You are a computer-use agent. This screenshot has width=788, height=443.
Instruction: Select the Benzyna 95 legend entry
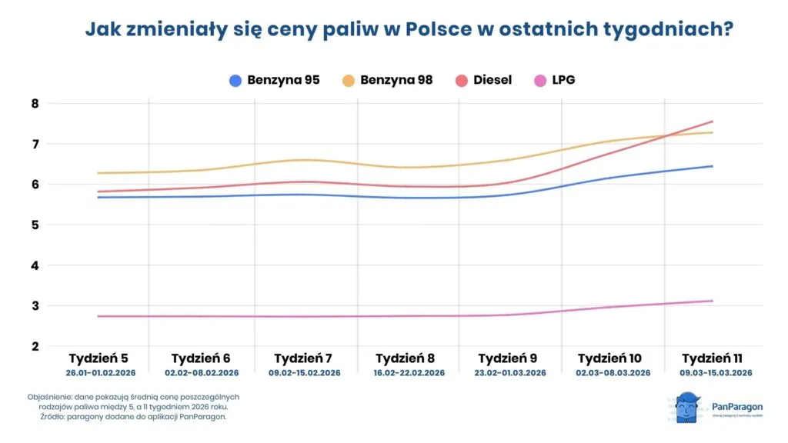point(275,80)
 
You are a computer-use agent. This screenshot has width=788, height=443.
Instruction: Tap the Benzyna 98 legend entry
point(388,80)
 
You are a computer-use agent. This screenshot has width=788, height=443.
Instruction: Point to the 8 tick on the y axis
point(35,104)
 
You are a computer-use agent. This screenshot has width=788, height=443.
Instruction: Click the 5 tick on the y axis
point(35,225)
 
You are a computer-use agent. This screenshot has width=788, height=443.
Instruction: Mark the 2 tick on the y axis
point(35,347)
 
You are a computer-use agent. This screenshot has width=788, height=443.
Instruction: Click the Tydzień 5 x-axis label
point(98,358)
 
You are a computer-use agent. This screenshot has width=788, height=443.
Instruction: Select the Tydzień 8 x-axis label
point(405,358)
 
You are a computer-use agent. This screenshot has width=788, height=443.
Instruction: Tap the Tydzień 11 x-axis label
point(712,358)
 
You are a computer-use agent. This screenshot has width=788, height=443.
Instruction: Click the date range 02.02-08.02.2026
point(200,373)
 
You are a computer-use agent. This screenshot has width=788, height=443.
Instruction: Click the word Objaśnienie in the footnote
point(48,397)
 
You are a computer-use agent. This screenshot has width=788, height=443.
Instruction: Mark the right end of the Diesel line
point(713,122)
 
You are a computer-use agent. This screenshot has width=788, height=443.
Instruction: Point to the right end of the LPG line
point(713,301)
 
